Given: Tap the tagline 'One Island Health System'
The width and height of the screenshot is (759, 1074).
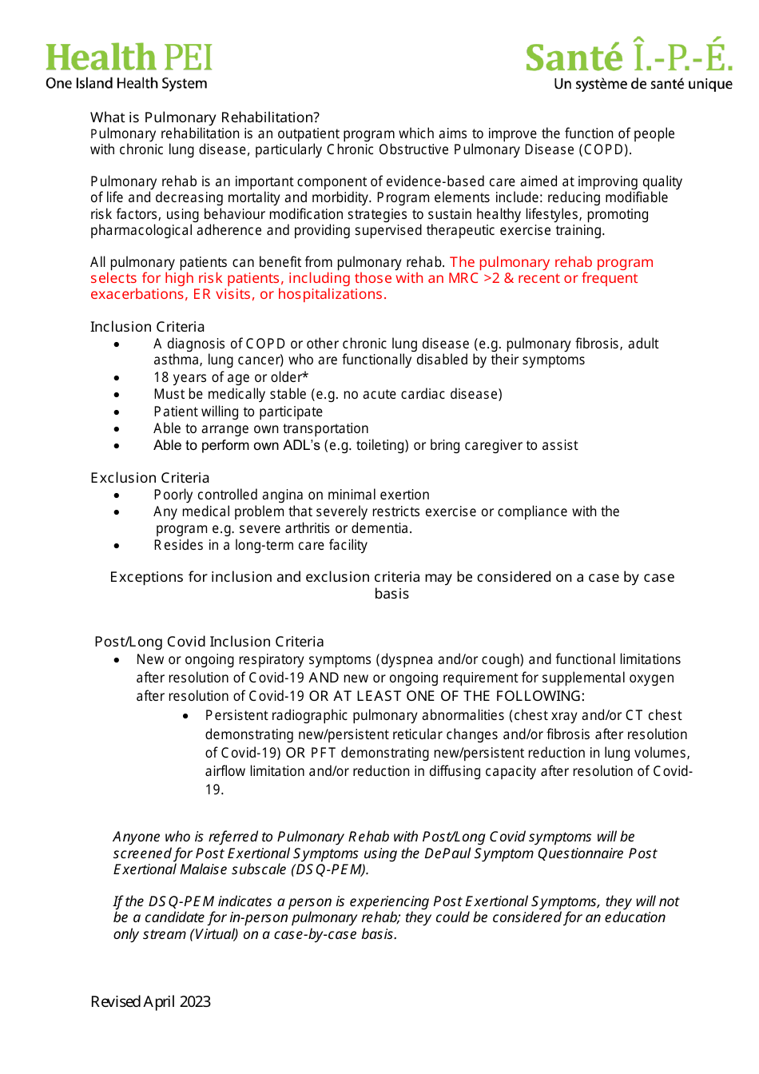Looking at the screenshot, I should pyautogui.click(x=126, y=84).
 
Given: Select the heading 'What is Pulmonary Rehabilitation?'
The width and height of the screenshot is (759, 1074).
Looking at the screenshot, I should pyautogui.click(x=205, y=117).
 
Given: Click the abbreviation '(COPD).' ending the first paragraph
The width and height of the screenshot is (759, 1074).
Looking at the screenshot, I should pyautogui.click(x=605, y=150).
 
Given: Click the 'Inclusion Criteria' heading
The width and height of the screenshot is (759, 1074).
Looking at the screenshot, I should pyautogui.click(x=147, y=327).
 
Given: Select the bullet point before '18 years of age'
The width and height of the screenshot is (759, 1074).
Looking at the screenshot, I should pyautogui.click(x=117, y=378).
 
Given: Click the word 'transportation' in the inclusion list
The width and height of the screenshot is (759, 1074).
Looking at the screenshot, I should pyautogui.click(x=327, y=428).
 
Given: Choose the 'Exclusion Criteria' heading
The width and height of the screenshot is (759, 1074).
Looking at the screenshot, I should pyautogui.click(x=149, y=478).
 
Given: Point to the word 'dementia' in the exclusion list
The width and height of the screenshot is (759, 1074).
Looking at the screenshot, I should pyautogui.click(x=383, y=528).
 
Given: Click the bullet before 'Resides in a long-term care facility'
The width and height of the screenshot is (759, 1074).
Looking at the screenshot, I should pyautogui.click(x=117, y=546).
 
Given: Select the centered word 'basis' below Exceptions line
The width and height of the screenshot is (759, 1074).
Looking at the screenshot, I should pyautogui.click(x=391, y=594).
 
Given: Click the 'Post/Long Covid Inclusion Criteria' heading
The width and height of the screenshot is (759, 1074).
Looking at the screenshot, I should pyautogui.click(x=209, y=642).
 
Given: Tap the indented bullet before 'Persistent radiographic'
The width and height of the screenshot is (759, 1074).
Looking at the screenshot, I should pyautogui.click(x=185, y=716).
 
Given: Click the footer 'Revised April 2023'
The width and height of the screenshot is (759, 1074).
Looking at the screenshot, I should pyautogui.click(x=150, y=1001).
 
